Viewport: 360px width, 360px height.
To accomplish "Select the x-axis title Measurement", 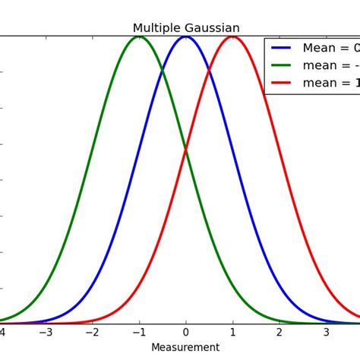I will [185, 348].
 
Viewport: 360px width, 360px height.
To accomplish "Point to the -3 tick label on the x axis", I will [45, 332].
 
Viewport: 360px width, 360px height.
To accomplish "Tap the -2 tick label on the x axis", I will [91, 332].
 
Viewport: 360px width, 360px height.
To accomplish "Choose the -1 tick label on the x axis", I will [137, 332].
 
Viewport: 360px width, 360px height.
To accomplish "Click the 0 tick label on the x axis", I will [186, 332].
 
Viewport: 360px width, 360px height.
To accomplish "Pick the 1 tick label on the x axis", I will [232, 332].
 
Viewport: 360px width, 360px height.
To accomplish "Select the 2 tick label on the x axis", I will [279, 332].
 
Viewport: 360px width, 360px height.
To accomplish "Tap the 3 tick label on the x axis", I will [326, 332].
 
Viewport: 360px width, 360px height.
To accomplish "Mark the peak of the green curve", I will [139, 36].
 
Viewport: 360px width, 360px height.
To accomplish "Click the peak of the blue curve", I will [186, 36].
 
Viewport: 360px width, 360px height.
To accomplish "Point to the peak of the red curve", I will [232, 36].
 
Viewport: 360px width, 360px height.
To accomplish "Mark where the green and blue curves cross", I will [163, 71].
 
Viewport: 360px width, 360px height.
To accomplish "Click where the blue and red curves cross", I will [210, 71].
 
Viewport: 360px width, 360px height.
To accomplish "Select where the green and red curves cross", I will [186, 150].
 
